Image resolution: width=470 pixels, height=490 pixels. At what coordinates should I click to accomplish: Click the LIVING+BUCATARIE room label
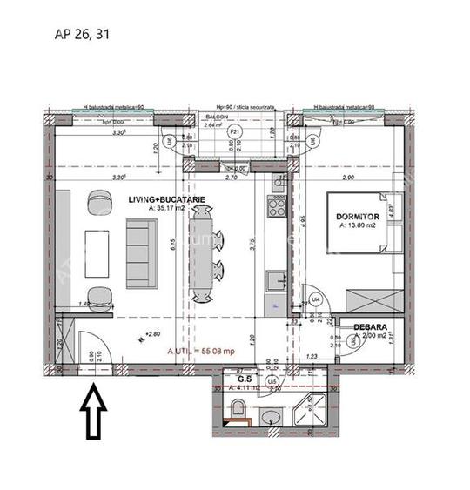pos(166,199)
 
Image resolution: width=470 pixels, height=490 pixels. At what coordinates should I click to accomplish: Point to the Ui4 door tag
pos(317,299)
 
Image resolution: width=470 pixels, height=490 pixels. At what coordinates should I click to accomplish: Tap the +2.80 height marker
pos(155,333)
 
